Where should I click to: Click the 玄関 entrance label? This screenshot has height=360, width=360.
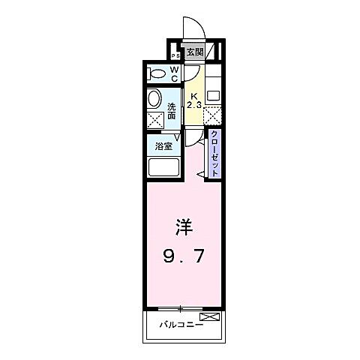(x=194, y=52)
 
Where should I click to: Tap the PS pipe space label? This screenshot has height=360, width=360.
(x=175, y=56)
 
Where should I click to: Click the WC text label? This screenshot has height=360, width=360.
(x=174, y=73)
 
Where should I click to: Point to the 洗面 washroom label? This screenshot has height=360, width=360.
(x=172, y=111)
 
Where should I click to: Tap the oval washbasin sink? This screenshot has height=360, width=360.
(x=155, y=100)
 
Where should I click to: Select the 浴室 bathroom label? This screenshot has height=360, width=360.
(x=163, y=146)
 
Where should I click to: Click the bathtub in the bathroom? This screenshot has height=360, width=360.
(x=164, y=166)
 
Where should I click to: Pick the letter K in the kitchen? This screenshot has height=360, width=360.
(x=193, y=97)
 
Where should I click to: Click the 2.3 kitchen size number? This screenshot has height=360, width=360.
(x=194, y=106)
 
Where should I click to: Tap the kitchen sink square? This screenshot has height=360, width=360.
(x=213, y=96)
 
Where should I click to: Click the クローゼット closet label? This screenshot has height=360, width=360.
(x=214, y=154)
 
